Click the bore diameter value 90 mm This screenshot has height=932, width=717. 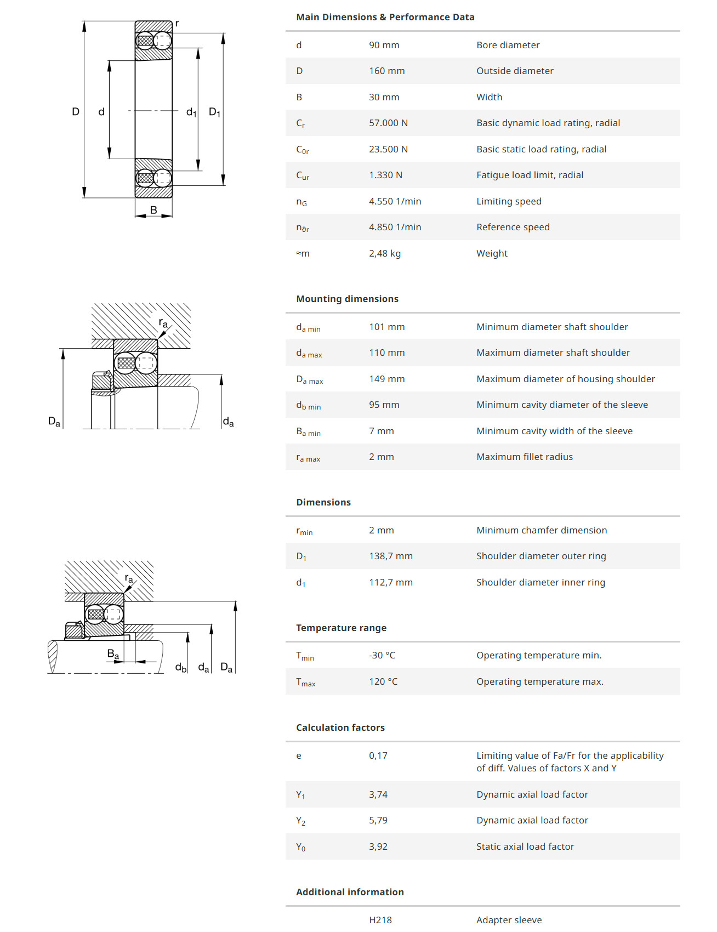click(x=384, y=45)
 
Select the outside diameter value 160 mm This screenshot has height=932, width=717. click(x=386, y=71)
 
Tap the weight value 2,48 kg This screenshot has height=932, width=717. click(x=384, y=253)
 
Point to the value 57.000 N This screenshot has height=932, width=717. click(x=388, y=123)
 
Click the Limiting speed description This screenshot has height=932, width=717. click(x=509, y=201)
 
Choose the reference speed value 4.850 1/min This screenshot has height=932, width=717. click(x=395, y=227)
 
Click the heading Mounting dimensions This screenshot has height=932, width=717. click(x=347, y=299)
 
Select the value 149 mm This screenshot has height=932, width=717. click(x=386, y=379)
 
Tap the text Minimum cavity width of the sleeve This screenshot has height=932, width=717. click(x=554, y=431)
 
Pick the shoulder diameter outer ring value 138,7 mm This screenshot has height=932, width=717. click(x=390, y=556)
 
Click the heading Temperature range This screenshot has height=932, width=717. click(x=341, y=628)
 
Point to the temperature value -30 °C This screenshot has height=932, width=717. click(x=382, y=655)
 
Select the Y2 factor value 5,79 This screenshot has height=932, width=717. click(x=378, y=820)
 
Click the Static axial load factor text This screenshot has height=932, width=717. click(x=525, y=846)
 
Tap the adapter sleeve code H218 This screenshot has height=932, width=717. click(x=380, y=920)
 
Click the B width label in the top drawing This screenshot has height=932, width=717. click(x=153, y=210)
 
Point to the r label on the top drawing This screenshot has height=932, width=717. click(x=177, y=24)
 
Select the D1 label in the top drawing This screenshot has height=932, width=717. click(x=214, y=112)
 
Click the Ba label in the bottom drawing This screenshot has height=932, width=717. click(x=113, y=654)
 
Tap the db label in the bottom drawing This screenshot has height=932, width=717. click(x=181, y=667)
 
